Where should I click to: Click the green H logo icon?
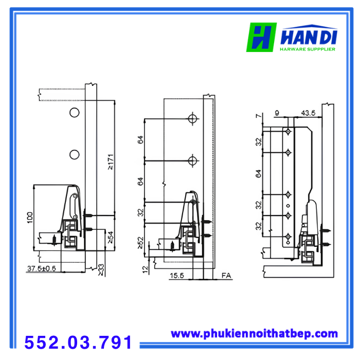pos(261,37)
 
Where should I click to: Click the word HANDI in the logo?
pos(309,37)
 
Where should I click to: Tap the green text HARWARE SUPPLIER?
pos(308,49)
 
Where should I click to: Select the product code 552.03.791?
pos(78,342)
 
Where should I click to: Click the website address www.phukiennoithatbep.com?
pos(255,334)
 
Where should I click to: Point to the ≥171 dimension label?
pos(111,162)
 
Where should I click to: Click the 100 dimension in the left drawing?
pos(30,218)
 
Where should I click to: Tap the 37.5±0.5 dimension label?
pos(42,268)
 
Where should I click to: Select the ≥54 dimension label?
pos(111,238)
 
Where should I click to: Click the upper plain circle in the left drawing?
pos(75,113)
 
